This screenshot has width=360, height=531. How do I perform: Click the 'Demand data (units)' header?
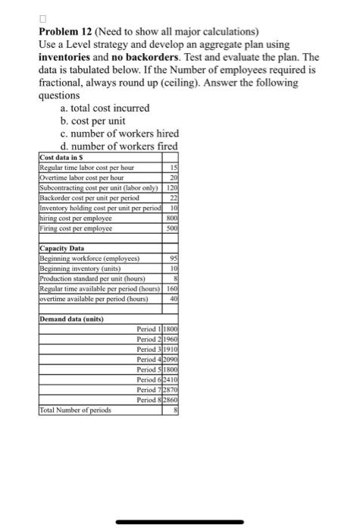(71, 319)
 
